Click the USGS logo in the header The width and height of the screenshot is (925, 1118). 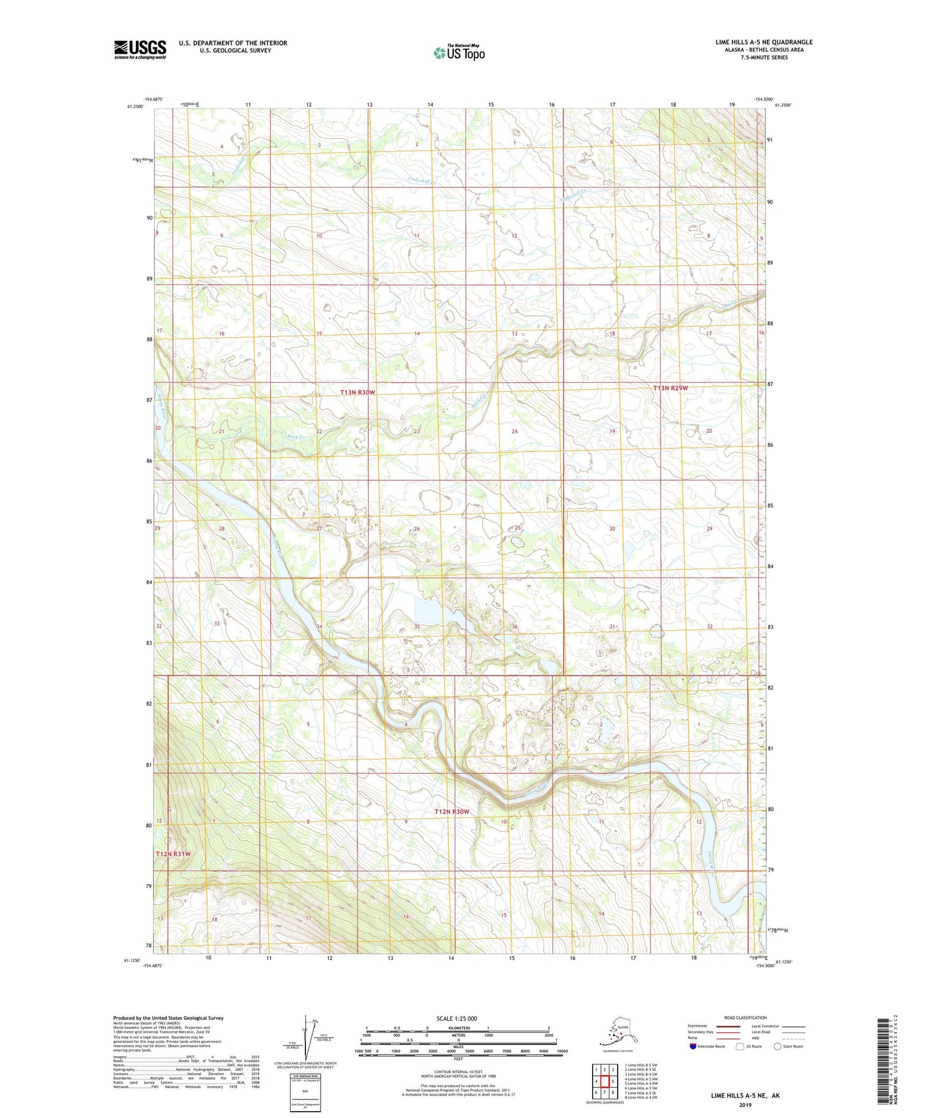point(140,49)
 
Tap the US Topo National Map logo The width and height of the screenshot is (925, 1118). point(458,52)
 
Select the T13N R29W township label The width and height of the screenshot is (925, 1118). point(670,388)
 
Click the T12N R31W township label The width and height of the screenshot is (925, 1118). point(173,854)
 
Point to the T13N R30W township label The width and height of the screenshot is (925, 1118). point(357,392)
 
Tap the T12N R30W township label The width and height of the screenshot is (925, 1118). point(452,811)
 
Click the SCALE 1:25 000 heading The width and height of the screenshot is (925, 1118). point(456,1018)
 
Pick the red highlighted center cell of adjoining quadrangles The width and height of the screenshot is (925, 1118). point(604,1082)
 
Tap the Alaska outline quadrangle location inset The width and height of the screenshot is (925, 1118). point(618,1034)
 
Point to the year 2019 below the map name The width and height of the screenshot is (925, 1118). point(745,1105)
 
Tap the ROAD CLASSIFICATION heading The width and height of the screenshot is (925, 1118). point(745,1017)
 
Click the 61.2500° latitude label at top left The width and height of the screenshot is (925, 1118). point(135,106)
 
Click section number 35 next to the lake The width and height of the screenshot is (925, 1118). point(417,626)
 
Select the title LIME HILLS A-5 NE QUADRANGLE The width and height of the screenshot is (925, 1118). point(764,42)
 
